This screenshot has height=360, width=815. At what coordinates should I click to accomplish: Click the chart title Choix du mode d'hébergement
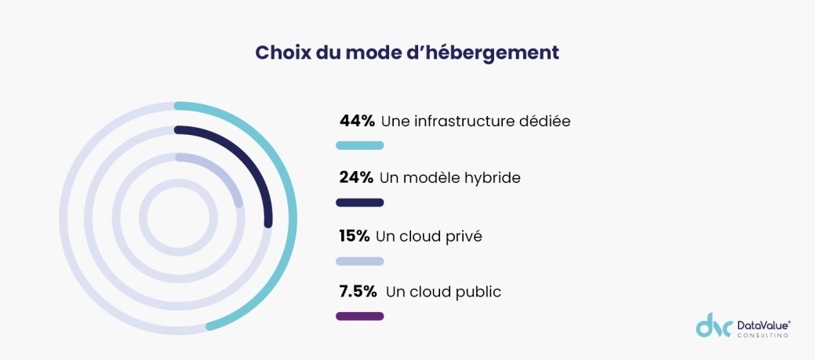point(407,53)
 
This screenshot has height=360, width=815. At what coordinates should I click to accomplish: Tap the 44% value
point(357,121)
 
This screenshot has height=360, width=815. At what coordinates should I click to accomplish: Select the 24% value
point(356,178)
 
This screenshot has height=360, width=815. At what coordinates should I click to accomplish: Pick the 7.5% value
point(358,292)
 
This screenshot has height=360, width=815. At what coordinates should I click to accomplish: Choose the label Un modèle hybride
point(449,178)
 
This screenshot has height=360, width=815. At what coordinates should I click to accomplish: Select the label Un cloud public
point(443,292)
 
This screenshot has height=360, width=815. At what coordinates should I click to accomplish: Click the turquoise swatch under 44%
point(359,145)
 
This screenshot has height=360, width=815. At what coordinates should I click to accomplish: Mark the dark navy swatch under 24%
point(359,202)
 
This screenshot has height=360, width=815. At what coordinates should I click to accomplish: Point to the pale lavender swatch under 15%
point(359,261)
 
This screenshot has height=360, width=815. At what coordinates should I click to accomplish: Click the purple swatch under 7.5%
point(359,316)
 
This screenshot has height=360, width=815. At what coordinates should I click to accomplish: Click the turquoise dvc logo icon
point(713,325)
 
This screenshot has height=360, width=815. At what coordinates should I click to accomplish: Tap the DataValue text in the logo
point(762,324)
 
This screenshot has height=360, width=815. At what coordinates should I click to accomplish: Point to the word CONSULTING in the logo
point(762,336)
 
